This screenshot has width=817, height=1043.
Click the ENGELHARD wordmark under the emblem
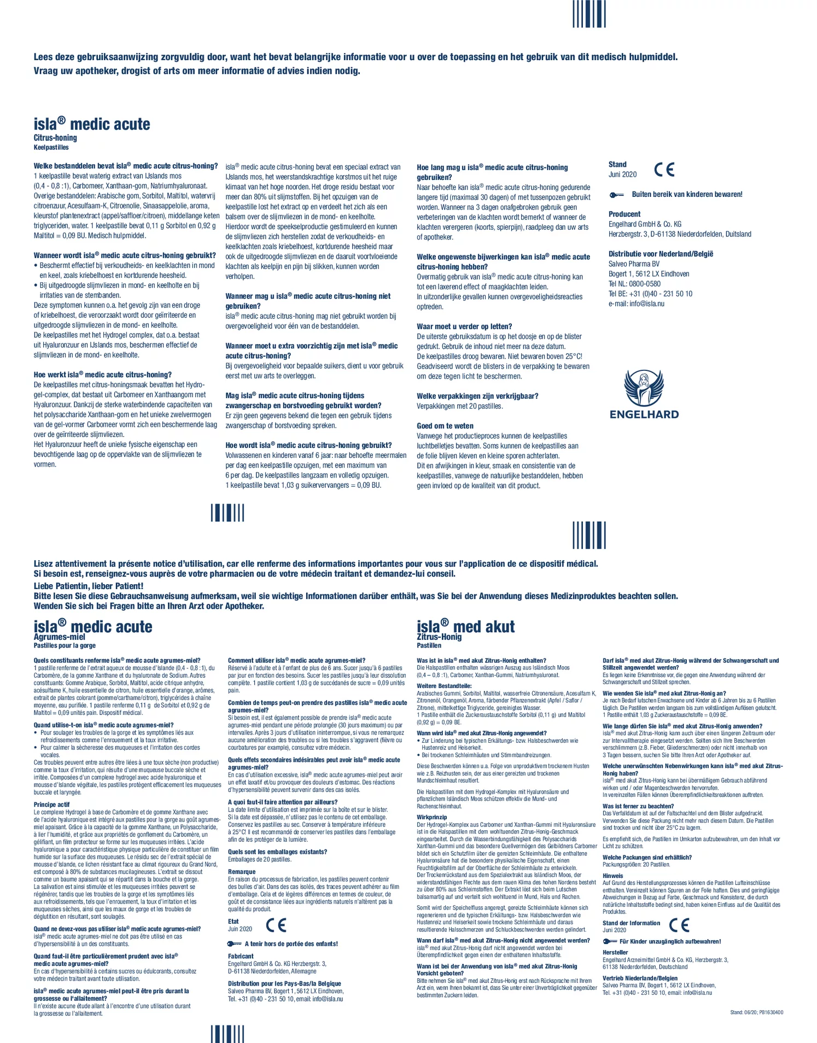[x=644, y=415]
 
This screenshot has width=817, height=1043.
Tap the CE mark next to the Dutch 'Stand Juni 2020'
[x=664, y=170]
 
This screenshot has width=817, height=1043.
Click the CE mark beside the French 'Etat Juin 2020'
[x=276, y=925]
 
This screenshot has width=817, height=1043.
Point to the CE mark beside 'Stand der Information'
[x=679, y=925]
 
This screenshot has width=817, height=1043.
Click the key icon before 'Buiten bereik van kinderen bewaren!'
[x=616, y=195]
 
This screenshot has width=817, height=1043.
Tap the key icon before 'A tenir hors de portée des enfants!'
[x=234, y=943]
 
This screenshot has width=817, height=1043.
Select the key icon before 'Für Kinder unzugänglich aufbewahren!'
[x=609, y=941]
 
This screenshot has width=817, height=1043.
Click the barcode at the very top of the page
[x=589, y=14]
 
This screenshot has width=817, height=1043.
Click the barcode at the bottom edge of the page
[x=227, y=1033]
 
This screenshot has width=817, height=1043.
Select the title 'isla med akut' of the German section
[x=465, y=627]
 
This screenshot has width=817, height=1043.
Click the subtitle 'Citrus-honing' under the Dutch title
[x=55, y=138]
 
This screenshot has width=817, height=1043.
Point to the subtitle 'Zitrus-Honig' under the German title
[x=439, y=637]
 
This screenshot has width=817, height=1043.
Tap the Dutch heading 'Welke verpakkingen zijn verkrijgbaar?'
[x=477, y=396]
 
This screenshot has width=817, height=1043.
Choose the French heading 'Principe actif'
[x=51, y=805]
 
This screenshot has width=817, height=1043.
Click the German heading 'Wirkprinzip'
[x=431, y=817]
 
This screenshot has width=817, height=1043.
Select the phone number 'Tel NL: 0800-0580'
[x=634, y=284]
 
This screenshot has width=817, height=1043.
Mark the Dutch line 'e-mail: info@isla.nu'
[x=636, y=304]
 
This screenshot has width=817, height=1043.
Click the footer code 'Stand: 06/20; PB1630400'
[x=756, y=1012]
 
